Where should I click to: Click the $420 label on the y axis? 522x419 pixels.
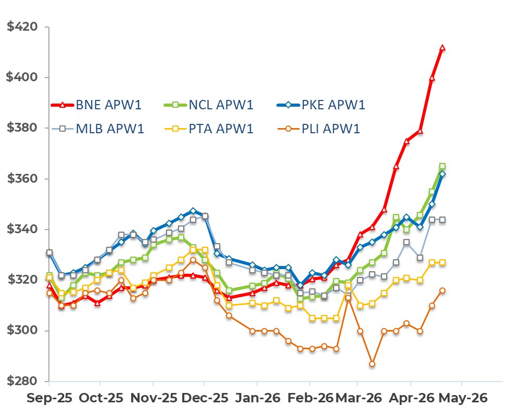click(x=24, y=27)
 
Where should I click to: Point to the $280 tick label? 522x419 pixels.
click(x=24, y=382)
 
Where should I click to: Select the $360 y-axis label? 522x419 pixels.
click(x=24, y=179)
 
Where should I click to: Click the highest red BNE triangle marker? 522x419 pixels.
click(x=442, y=48)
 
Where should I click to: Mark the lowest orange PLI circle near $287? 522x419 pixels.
click(x=372, y=364)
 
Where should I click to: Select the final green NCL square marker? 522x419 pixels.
click(x=442, y=166)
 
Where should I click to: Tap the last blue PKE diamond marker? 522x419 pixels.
click(x=442, y=174)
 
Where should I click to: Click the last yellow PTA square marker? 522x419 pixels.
click(x=442, y=262)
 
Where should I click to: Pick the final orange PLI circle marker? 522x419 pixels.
click(x=442, y=290)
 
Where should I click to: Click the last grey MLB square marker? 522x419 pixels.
click(x=442, y=220)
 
